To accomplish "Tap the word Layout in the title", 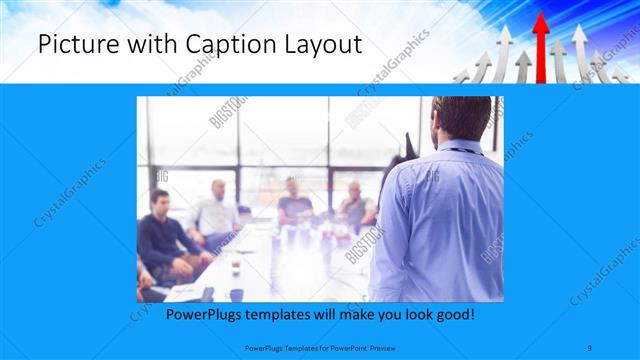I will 317,45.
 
